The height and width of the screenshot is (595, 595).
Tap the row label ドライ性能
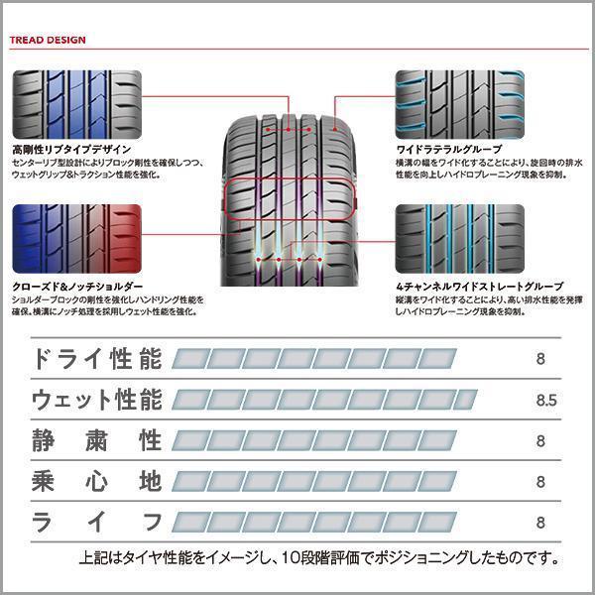point(96,358)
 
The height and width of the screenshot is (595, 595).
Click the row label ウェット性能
point(96,400)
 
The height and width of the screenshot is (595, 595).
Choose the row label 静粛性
point(96,440)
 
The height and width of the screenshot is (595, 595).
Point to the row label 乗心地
point(96,482)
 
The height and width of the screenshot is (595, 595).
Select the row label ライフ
point(96,523)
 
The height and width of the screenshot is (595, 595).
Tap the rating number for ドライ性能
point(540,359)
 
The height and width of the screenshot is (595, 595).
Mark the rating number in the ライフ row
point(540,523)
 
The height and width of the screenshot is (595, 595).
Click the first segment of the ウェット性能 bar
point(190,400)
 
